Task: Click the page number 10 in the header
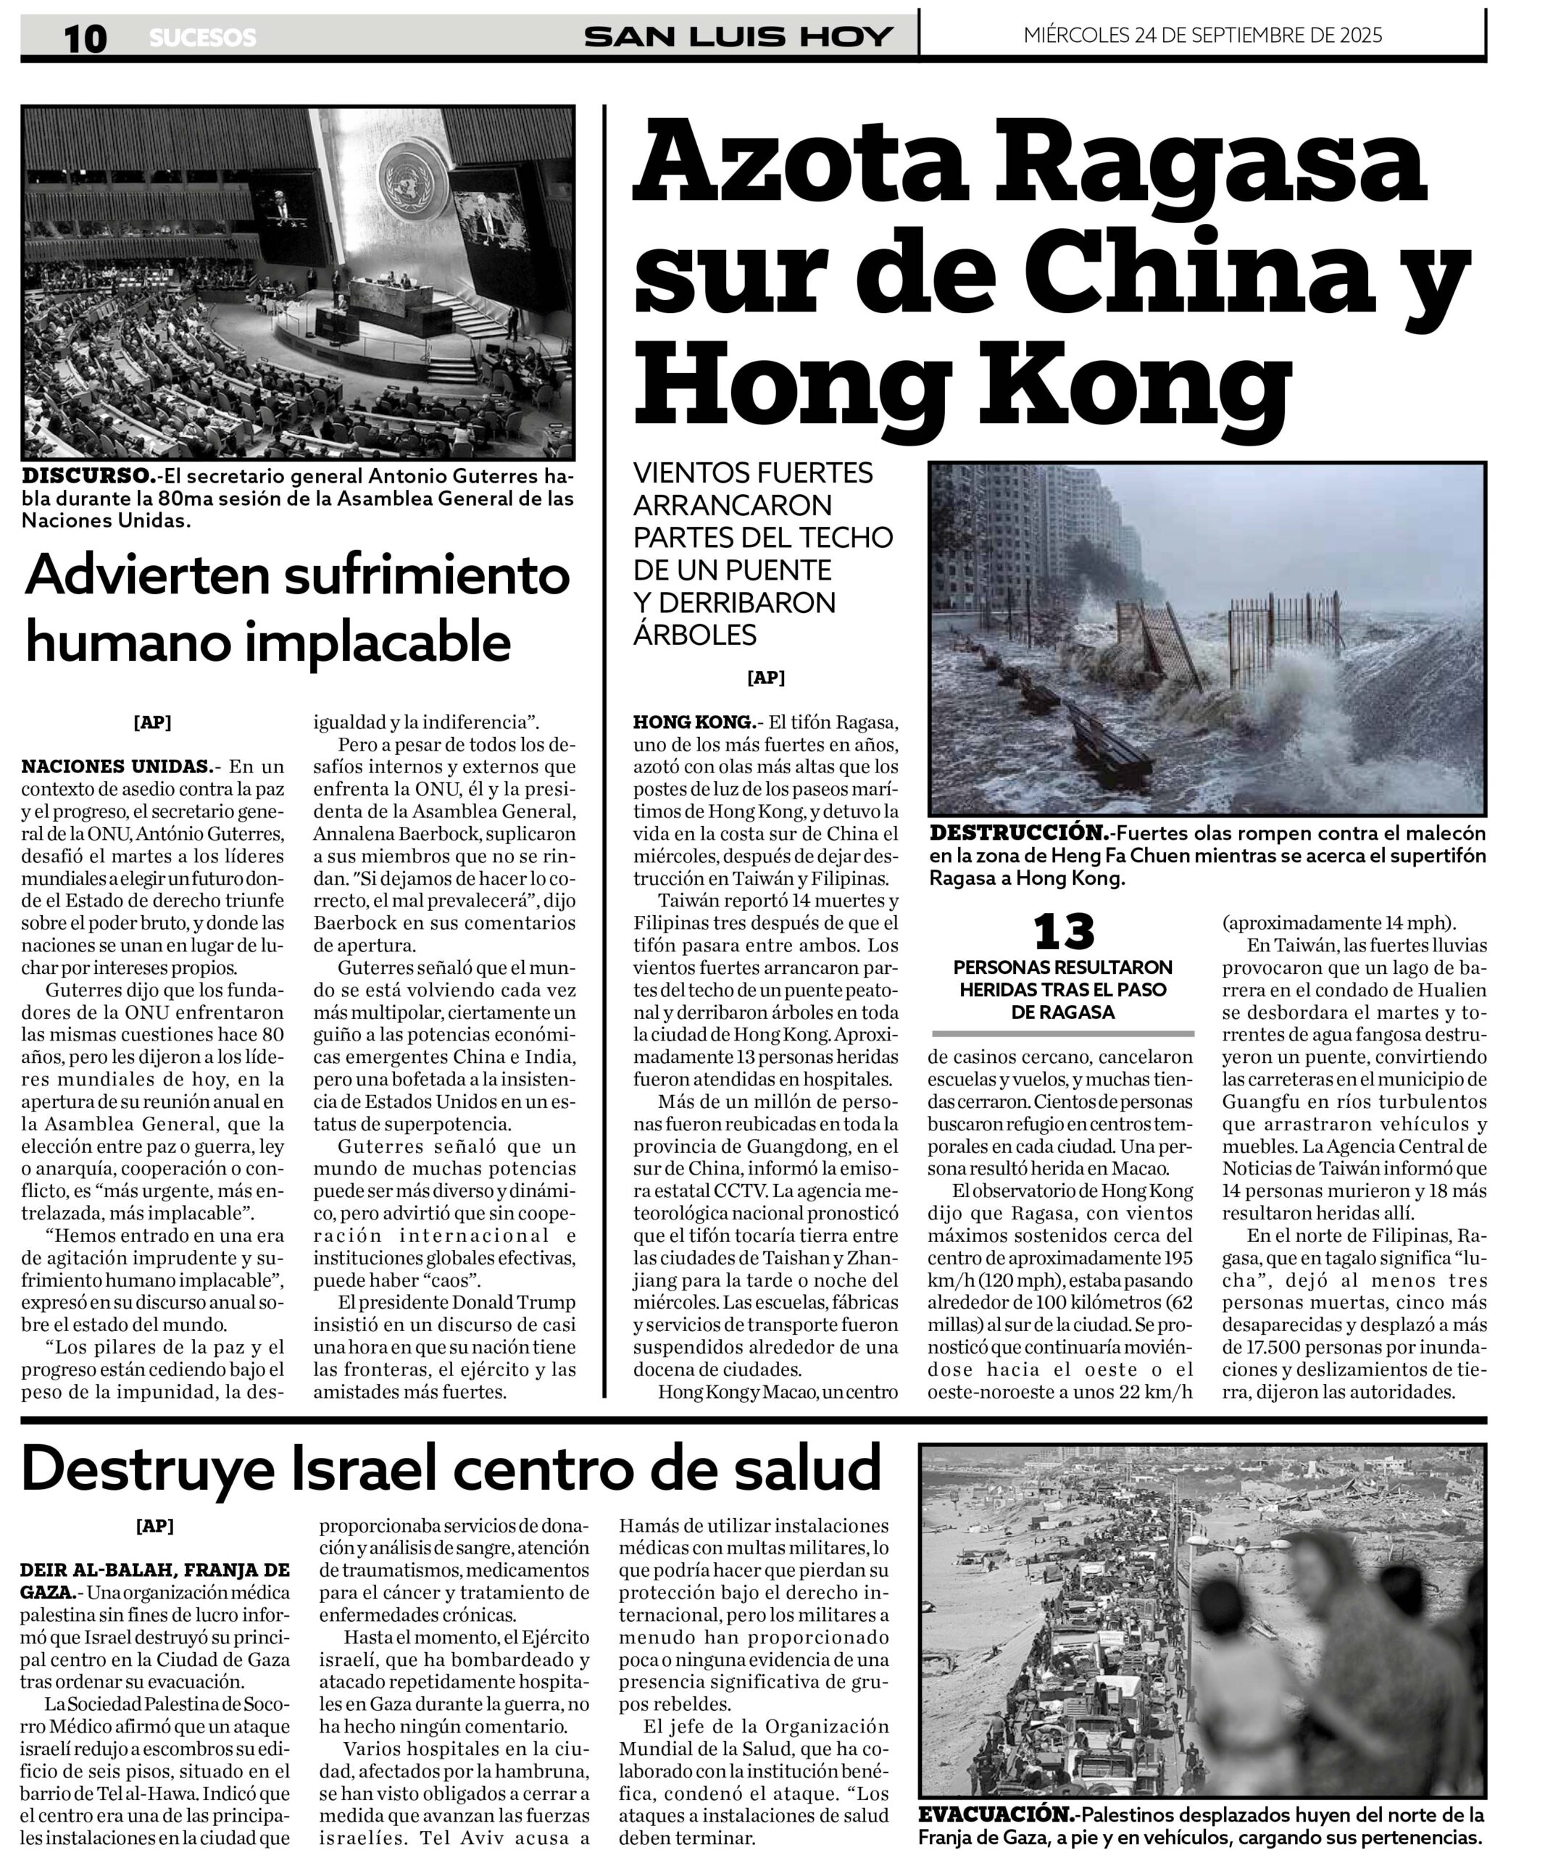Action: tap(85, 38)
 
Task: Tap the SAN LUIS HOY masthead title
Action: tap(738, 37)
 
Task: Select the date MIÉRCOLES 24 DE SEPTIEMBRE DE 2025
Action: tap(1202, 36)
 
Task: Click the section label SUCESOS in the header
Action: tap(202, 38)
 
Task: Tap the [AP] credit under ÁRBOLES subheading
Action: tap(765, 678)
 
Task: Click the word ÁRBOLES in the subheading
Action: tap(694, 634)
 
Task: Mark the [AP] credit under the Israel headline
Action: tap(154, 1525)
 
